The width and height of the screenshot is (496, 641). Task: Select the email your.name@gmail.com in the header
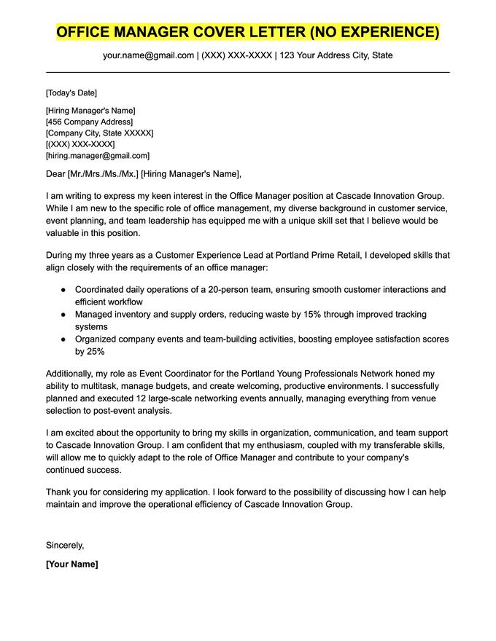pos(148,55)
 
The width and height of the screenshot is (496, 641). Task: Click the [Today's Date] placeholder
pos(71,93)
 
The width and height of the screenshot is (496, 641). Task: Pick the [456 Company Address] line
pos(89,122)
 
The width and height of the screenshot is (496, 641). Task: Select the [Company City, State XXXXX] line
pos(99,133)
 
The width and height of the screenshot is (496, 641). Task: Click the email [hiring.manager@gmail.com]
pos(97,155)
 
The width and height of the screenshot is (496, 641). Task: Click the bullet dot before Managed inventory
pos(63,315)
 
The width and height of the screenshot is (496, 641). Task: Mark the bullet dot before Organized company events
pos(63,339)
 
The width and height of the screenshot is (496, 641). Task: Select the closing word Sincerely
pos(65,545)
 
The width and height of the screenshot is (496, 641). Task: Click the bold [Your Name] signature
pos(71,564)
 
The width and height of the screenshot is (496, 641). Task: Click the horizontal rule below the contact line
pos(248,72)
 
